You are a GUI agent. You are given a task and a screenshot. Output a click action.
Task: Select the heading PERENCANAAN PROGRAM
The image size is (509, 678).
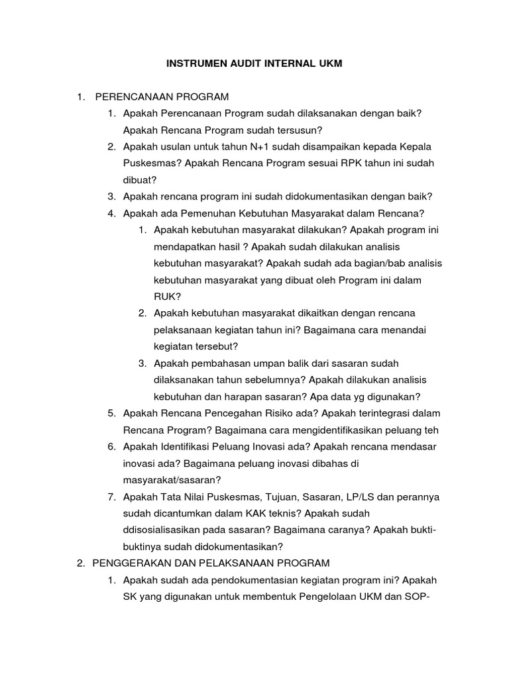tap(162, 97)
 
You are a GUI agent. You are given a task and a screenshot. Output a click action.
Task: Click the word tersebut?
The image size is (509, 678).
tap(215, 346)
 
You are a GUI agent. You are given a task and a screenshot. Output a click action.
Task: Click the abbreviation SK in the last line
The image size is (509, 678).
tap(130, 597)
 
